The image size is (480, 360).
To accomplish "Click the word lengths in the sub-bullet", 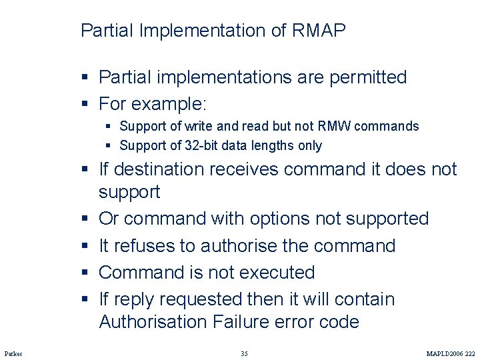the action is [275, 145].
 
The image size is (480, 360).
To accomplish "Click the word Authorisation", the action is [153, 322].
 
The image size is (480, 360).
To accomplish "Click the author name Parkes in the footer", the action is [13, 353].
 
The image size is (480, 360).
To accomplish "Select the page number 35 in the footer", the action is [244, 353].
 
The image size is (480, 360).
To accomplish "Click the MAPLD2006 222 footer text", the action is [451, 353].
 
